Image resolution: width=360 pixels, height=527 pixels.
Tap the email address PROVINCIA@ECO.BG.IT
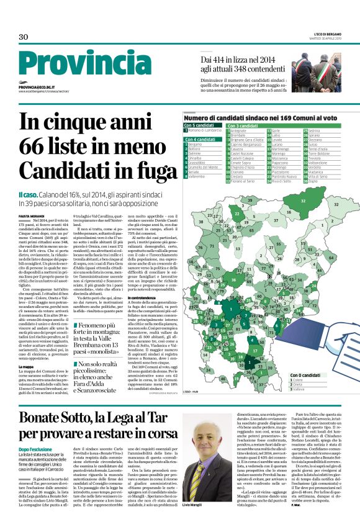tap(39, 88)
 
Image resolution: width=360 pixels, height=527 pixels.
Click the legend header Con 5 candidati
tap(200, 126)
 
